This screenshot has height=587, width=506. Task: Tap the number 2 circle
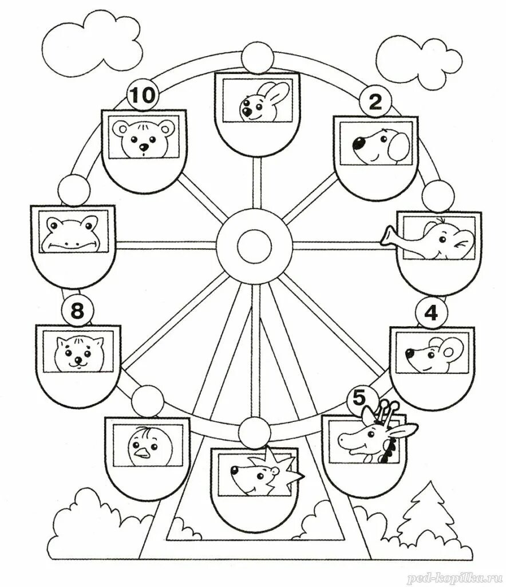click(x=374, y=103)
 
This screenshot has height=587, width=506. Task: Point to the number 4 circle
click(x=430, y=313)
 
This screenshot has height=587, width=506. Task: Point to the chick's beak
click(x=140, y=456)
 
